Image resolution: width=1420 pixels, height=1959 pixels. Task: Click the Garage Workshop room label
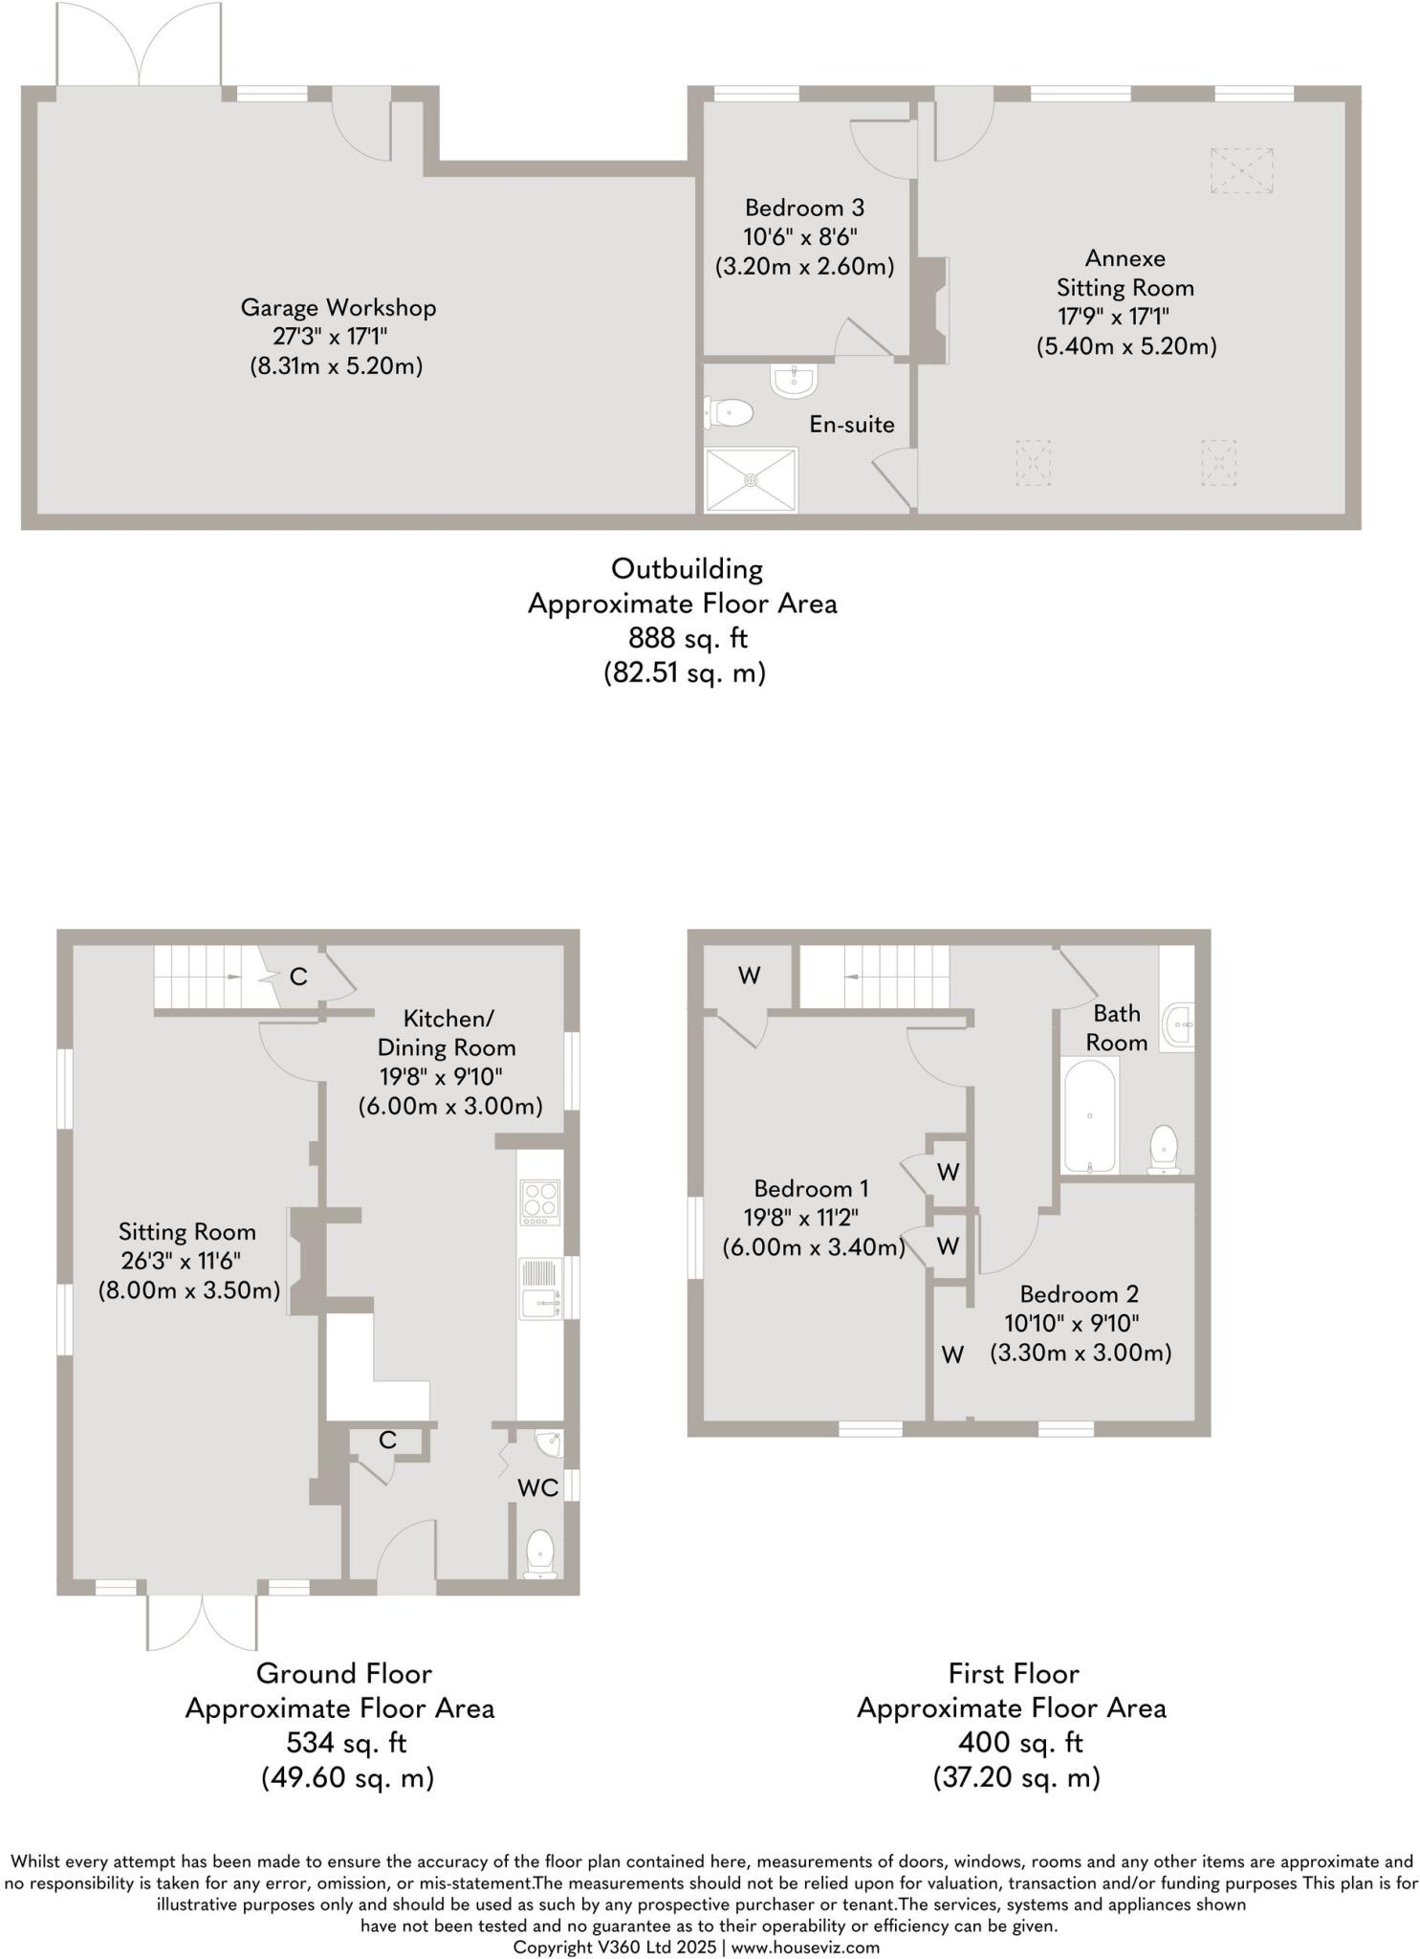(x=338, y=308)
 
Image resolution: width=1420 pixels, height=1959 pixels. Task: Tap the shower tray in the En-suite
(x=751, y=480)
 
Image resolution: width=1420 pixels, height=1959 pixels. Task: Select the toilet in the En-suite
(x=730, y=413)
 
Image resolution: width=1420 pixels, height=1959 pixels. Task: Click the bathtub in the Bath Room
(x=1089, y=1114)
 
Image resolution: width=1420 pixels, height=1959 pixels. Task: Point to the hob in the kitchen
(x=539, y=1202)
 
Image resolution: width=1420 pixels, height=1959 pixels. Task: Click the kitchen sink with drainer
(x=541, y=1288)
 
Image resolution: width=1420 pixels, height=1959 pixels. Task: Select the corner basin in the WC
(x=549, y=1442)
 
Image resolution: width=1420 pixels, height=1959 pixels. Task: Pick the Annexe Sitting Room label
(x=1125, y=273)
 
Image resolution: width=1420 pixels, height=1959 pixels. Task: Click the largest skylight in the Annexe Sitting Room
(x=1241, y=170)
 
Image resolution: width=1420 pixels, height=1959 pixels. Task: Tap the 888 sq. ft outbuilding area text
(x=688, y=637)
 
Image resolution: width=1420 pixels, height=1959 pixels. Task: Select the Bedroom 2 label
(x=1079, y=1294)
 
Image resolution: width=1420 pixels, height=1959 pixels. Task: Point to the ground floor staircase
(x=208, y=977)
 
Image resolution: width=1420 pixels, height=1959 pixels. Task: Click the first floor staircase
(x=874, y=977)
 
